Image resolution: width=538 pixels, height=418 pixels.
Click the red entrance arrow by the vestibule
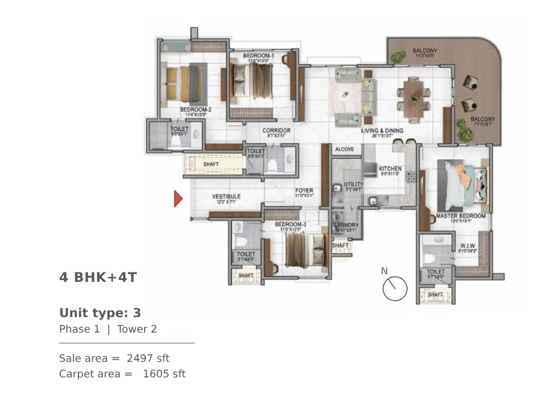[x=178, y=198]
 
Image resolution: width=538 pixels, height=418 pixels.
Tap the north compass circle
[x=395, y=289]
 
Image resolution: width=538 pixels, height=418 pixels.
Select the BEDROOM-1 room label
[x=258, y=56]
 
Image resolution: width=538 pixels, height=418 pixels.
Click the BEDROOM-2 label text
[x=196, y=110]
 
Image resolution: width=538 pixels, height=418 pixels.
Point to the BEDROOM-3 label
[x=291, y=225]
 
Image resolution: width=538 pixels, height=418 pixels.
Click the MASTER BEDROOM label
[x=460, y=216]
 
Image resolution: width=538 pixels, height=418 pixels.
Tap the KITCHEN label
[x=390, y=169]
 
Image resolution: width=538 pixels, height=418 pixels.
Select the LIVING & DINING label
[x=382, y=131]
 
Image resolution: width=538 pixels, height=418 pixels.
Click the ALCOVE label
[x=344, y=149]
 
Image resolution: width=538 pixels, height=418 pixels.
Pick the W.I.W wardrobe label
[x=467, y=246]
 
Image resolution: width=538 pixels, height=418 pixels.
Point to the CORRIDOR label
[x=276, y=131]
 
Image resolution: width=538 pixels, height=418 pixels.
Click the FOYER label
[x=304, y=191]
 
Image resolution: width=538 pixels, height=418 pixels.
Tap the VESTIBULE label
[x=227, y=196]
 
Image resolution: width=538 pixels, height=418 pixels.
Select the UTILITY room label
[x=353, y=185]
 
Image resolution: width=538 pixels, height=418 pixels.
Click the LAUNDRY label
[x=346, y=225]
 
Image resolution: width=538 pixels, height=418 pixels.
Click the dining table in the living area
[x=414, y=96]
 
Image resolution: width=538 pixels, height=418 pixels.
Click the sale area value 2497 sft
[x=148, y=358]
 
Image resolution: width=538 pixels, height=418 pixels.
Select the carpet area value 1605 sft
[x=164, y=374]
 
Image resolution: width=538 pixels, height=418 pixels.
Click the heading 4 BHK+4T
[x=98, y=277]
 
